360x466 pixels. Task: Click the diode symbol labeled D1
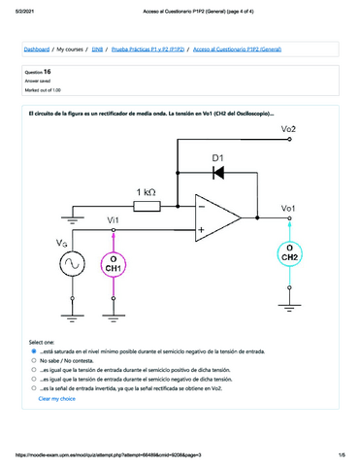tap(217, 172)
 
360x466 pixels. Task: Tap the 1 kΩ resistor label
tap(148, 191)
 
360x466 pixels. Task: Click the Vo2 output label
tap(288, 130)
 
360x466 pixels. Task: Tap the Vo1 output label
tap(288, 208)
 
